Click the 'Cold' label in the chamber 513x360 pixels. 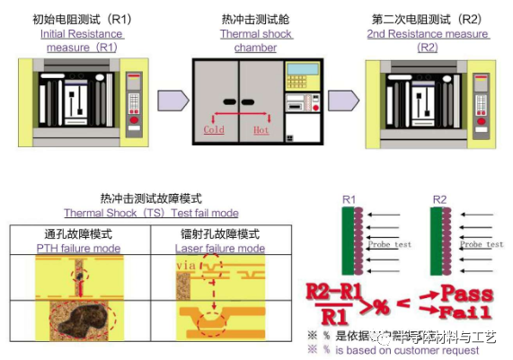215,130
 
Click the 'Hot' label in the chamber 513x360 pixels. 261,130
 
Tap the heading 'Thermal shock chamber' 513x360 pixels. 255,40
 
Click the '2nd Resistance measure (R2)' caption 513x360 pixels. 429,40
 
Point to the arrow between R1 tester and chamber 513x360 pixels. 172,100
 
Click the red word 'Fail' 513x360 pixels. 466,312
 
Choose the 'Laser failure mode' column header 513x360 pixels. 219,248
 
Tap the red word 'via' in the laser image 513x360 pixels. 186,266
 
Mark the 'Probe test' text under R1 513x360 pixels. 390,243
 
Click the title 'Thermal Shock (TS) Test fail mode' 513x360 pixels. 151,213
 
